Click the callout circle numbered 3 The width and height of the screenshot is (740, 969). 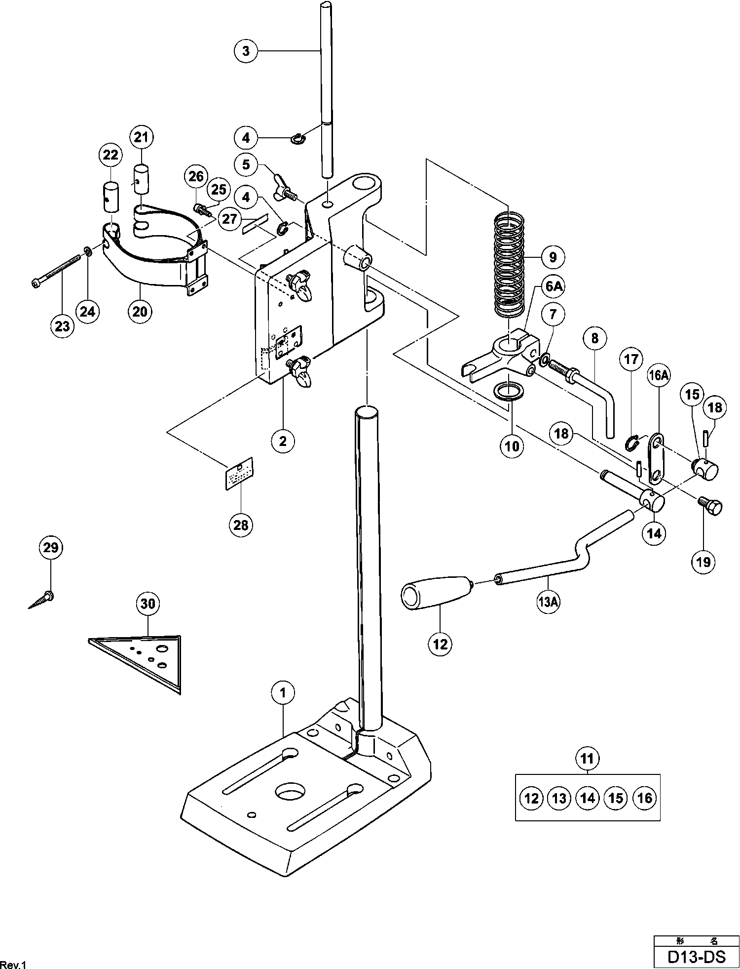(246, 51)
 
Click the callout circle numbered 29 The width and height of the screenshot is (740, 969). (51, 548)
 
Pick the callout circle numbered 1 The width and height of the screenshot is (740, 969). (283, 693)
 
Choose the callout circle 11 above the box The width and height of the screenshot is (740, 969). (588, 758)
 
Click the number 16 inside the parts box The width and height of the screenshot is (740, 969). (645, 798)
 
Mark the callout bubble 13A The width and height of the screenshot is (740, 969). (549, 602)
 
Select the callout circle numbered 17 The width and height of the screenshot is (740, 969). (631, 360)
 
